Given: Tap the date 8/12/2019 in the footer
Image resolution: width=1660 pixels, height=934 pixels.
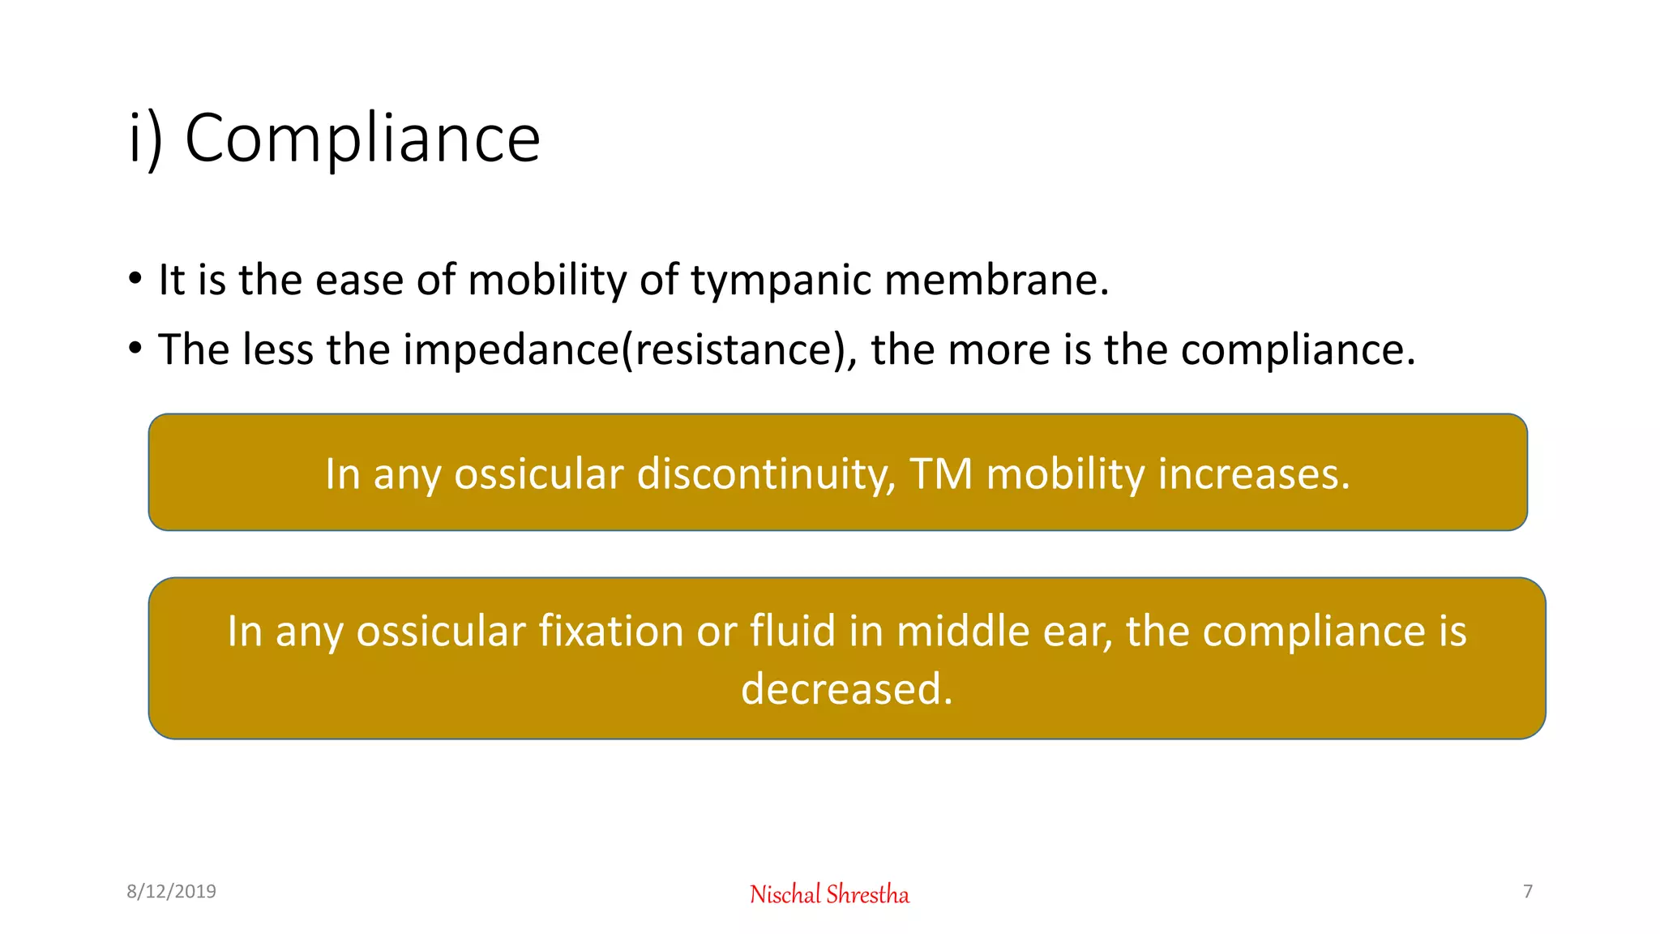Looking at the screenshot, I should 171,892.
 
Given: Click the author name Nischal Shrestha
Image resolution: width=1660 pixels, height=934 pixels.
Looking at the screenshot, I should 829,894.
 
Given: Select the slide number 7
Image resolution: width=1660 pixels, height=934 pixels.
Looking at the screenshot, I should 1528,892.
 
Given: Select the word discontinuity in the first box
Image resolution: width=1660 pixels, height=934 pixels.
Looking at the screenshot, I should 766,474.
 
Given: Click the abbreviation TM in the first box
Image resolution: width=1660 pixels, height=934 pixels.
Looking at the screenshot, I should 940,474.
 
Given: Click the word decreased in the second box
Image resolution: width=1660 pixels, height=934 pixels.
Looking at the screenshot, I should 846,689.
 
